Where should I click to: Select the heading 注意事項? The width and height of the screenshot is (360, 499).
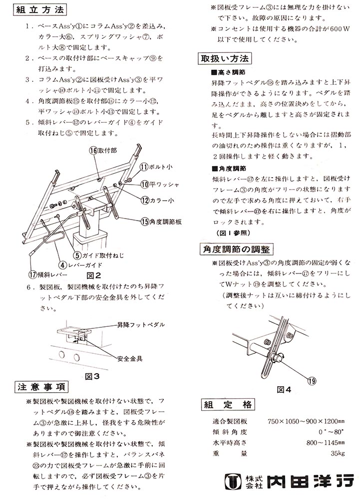(x=42, y=387)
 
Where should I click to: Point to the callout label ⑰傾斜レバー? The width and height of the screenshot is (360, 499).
(x=47, y=274)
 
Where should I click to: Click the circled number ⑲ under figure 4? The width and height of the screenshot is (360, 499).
(x=312, y=381)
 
